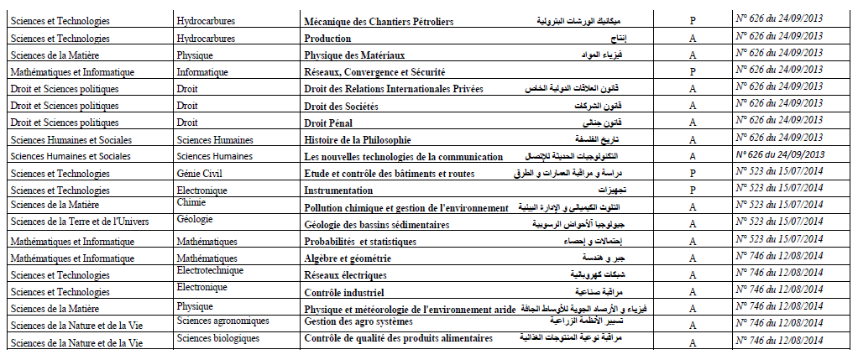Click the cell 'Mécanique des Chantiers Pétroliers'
(380, 21)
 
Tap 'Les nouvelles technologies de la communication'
(403, 157)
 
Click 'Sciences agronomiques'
(223, 321)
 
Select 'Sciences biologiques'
(218, 337)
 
